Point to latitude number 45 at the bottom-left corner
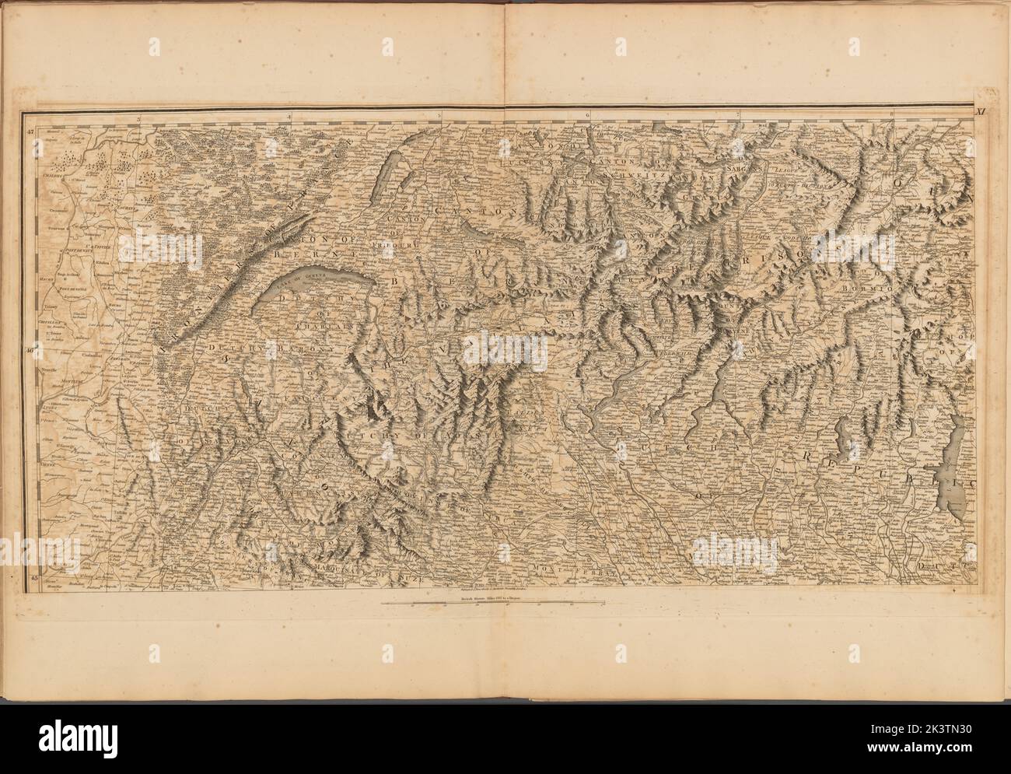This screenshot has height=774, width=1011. (x=33, y=579)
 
